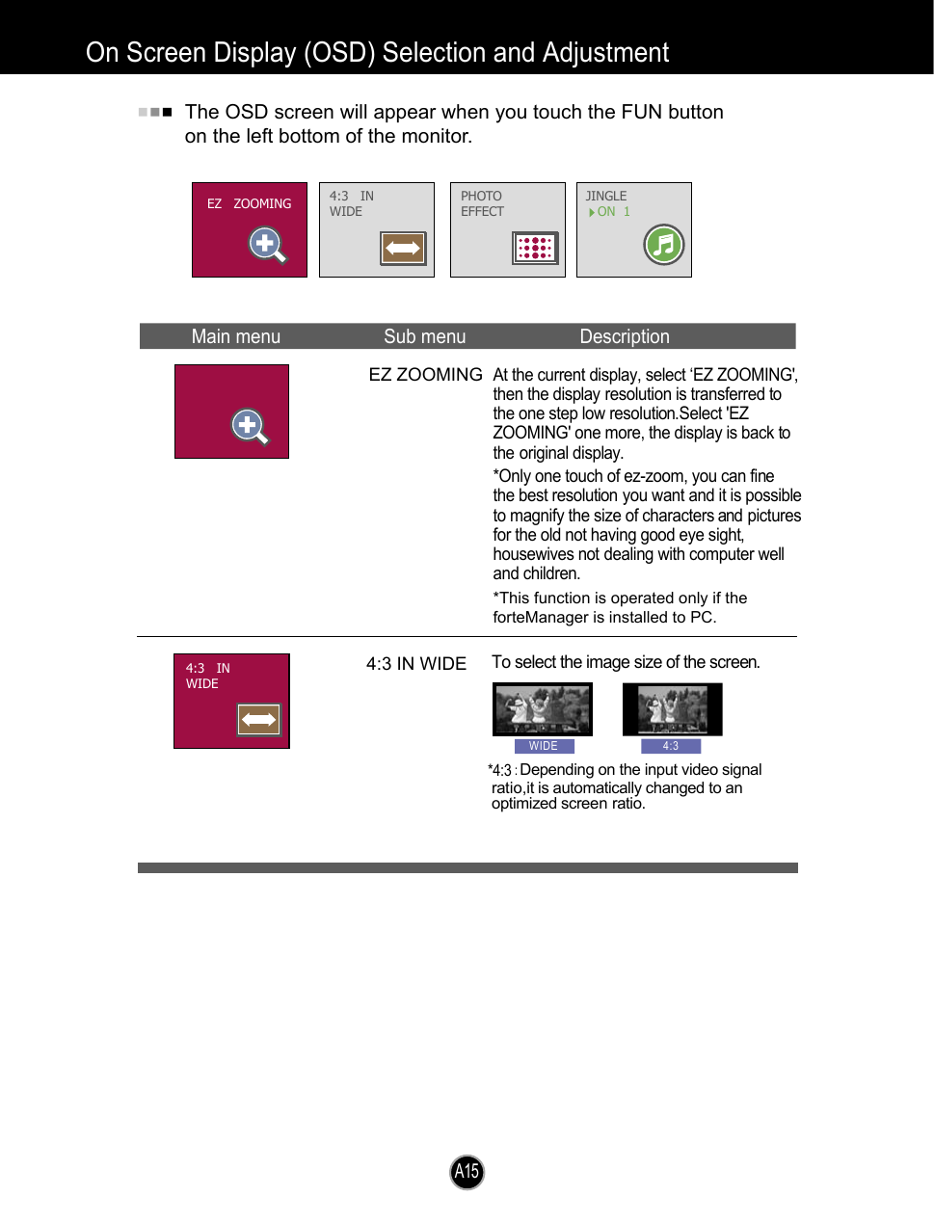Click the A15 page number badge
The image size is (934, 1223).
coord(467,1172)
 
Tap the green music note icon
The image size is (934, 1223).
coord(663,244)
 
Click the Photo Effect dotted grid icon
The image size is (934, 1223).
coord(535,248)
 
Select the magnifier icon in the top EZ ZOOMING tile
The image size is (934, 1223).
coord(267,245)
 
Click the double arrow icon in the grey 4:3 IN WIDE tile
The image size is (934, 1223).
coord(403,248)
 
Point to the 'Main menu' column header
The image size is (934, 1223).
coord(235,336)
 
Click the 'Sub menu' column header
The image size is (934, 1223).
coord(424,336)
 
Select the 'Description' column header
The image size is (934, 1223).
coord(624,336)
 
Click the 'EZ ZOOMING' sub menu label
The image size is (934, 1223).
coord(425,374)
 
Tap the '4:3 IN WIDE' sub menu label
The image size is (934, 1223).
coord(415,663)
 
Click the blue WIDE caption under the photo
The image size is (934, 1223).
coord(544,746)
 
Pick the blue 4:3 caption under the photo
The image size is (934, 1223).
coord(670,746)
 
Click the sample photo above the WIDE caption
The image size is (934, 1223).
coord(542,709)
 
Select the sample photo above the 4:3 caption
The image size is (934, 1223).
coord(672,709)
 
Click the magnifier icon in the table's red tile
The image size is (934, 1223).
coord(250,426)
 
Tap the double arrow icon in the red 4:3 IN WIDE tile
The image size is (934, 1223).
coord(258,719)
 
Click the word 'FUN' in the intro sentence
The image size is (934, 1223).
coord(641,112)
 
